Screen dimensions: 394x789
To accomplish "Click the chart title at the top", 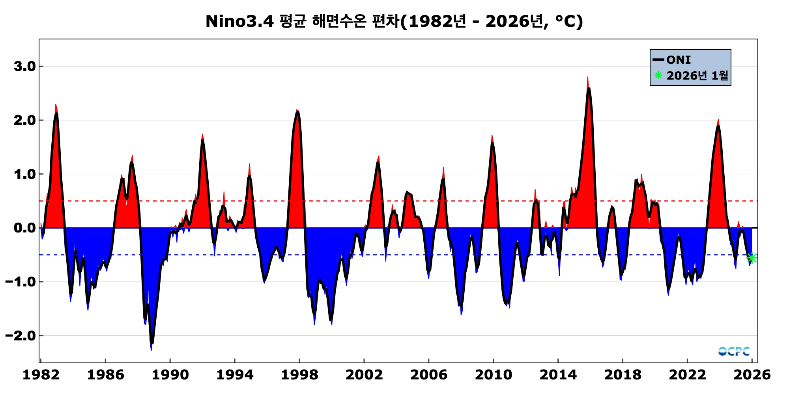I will click(x=394, y=21).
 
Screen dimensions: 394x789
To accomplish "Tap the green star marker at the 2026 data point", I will click(x=752, y=258).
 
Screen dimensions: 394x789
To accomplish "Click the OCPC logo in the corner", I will click(x=734, y=351).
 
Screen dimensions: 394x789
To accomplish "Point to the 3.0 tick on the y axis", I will click(x=24, y=66).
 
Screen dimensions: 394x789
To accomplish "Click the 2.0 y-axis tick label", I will click(x=24, y=120).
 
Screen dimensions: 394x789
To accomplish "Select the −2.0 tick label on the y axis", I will click(x=21, y=336).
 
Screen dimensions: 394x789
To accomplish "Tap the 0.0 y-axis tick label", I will click(x=24, y=228).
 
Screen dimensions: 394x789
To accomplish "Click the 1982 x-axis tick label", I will click(x=41, y=375).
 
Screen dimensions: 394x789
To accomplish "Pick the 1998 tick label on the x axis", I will click(x=299, y=375).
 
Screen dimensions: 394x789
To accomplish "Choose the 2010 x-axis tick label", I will click(x=494, y=375).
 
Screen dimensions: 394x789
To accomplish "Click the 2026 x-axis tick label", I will click(x=752, y=375).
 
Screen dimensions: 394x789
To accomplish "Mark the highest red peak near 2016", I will click(x=587, y=78).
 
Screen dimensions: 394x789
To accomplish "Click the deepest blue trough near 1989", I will click(x=151, y=349).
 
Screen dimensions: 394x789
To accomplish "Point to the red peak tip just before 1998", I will click(x=297, y=110).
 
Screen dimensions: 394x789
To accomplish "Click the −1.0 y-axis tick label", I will click(x=21, y=282).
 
